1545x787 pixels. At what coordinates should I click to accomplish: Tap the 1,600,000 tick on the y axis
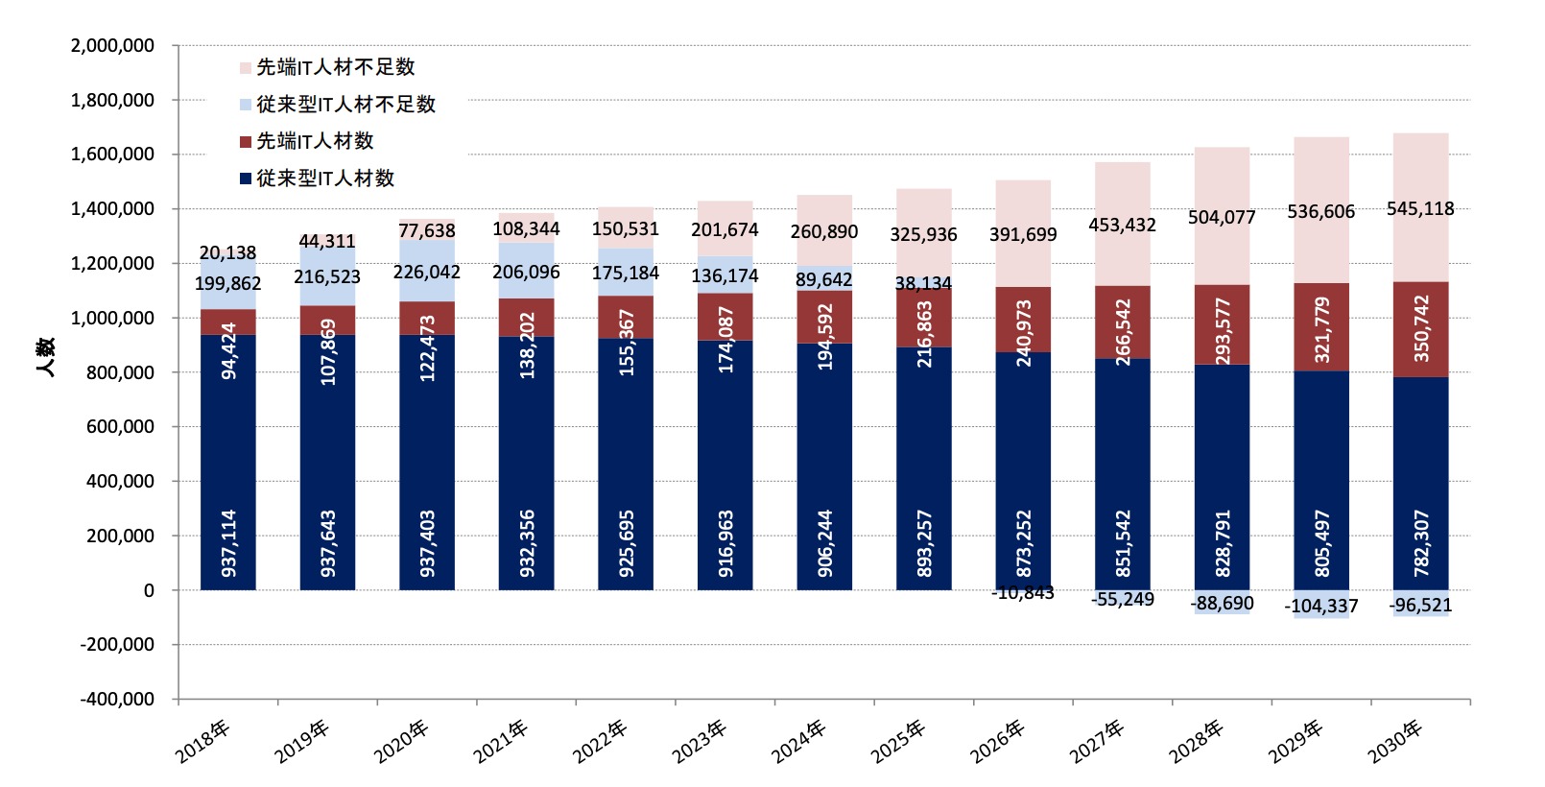(113, 155)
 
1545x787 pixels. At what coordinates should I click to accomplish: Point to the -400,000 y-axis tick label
(117, 700)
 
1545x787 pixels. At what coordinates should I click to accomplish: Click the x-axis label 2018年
(202, 742)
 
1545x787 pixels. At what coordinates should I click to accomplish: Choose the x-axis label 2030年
(1395, 742)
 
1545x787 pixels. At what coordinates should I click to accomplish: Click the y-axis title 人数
(45, 357)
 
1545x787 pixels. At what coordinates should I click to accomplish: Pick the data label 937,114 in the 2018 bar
(228, 543)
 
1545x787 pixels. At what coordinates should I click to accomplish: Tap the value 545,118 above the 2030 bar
(1420, 209)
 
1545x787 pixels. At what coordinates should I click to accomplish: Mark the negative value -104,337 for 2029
(1321, 607)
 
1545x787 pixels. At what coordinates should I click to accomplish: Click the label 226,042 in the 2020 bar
(427, 273)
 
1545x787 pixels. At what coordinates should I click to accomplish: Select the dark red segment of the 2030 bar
(1421, 329)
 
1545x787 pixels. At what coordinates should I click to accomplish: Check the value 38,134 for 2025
(923, 284)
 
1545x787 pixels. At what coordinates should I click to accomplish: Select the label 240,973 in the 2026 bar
(1023, 332)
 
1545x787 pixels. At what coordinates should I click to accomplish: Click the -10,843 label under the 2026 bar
(1023, 593)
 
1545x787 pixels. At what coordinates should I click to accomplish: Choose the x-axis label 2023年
(700, 742)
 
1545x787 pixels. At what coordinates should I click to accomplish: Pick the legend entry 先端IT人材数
(315, 141)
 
